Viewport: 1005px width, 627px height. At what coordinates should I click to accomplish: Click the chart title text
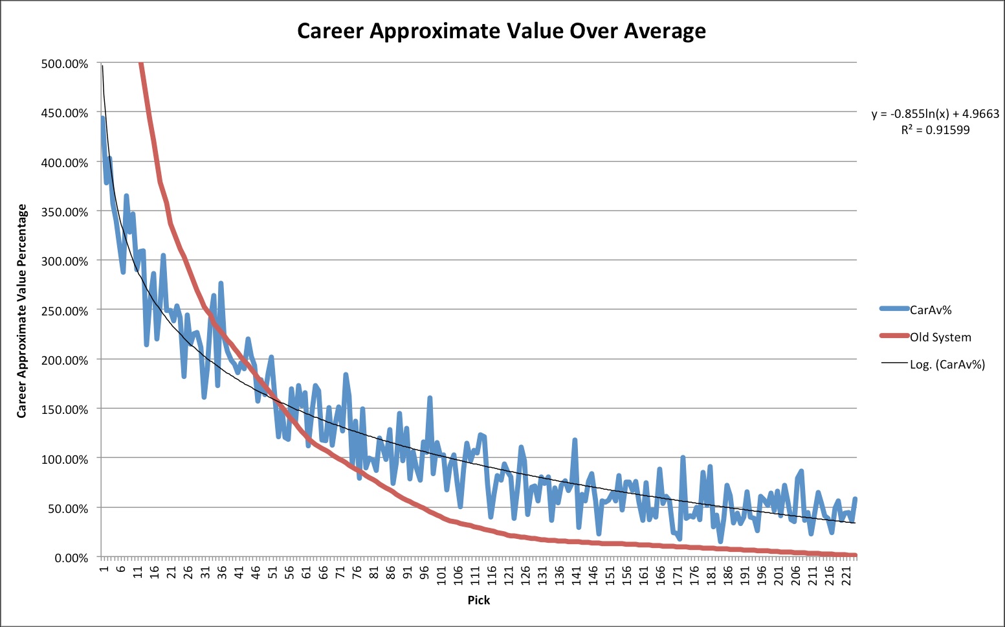click(x=502, y=31)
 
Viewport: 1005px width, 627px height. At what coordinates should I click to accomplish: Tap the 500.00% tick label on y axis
click(x=65, y=63)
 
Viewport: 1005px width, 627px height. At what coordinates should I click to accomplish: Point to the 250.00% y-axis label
click(x=65, y=311)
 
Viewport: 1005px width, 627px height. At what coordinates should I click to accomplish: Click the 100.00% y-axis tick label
click(x=65, y=459)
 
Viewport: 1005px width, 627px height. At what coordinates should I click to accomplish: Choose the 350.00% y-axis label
click(x=65, y=212)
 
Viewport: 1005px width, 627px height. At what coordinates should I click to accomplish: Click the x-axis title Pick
click(x=479, y=600)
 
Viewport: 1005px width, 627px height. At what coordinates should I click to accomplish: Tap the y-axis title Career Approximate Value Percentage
click(x=22, y=311)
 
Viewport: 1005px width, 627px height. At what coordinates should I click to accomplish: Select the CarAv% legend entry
click(x=930, y=310)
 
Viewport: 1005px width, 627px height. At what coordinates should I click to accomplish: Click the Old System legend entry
click(x=940, y=337)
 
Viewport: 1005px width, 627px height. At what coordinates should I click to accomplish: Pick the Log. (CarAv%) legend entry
click(x=947, y=365)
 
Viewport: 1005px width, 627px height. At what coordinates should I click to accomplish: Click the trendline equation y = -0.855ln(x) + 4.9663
click(x=935, y=114)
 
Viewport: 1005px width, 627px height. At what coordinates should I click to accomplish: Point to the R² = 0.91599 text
click(x=935, y=130)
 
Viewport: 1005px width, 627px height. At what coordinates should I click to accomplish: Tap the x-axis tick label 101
click(x=442, y=575)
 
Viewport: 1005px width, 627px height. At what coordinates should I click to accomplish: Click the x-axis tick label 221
click(x=846, y=575)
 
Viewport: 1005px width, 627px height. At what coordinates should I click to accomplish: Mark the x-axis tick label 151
click(x=610, y=575)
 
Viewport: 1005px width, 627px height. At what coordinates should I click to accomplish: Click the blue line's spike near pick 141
click(x=575, y=440)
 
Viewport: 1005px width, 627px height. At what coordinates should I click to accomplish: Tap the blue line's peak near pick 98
click(x=430, y=398)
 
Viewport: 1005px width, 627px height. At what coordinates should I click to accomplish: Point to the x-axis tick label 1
click(x=104, y=569)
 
